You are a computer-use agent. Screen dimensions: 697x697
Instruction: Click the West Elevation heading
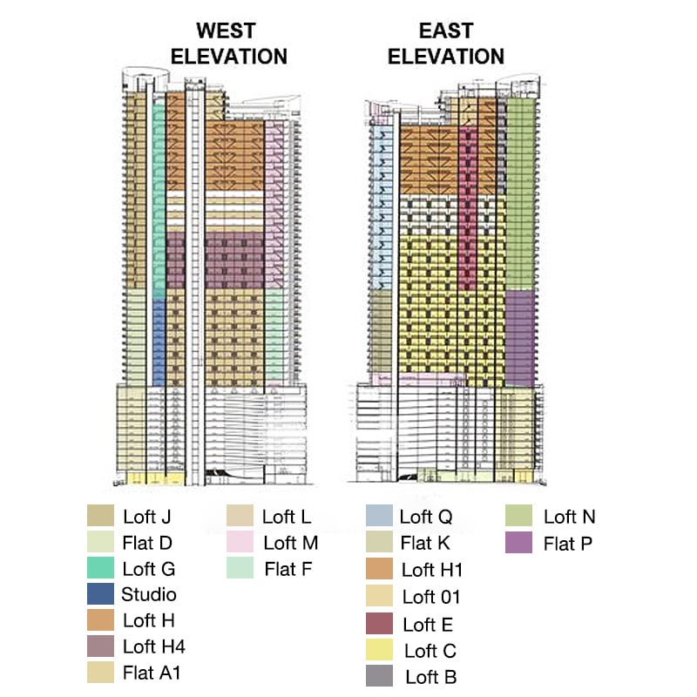(x=228, y=44)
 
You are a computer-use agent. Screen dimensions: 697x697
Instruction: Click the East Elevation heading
(x=446, y=44)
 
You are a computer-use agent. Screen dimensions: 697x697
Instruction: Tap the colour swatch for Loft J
(x=101, y=516)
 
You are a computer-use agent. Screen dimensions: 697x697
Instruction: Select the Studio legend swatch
(x=101, y=595)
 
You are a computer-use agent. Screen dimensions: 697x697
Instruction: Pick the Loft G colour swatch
(x=101, y=569)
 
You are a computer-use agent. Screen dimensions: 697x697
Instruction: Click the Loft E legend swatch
(x=380, y=624)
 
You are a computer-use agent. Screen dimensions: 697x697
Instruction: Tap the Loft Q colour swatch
(x=380, y=517)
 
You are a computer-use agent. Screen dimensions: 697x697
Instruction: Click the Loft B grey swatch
(x=380, y=676)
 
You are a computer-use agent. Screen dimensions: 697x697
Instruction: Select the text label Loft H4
(x=154, y=646)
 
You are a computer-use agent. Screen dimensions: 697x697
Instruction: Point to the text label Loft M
(x=290, y=544)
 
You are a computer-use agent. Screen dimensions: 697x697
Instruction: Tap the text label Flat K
(x=426, y=544)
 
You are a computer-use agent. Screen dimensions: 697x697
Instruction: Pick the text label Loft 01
(x=431, y=597)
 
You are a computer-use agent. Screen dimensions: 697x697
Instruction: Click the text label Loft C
(x=430, y=650)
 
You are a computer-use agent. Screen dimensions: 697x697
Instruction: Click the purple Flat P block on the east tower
(x=520, y=338)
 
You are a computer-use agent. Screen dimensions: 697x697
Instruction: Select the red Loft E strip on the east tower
(x=467, y=209)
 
